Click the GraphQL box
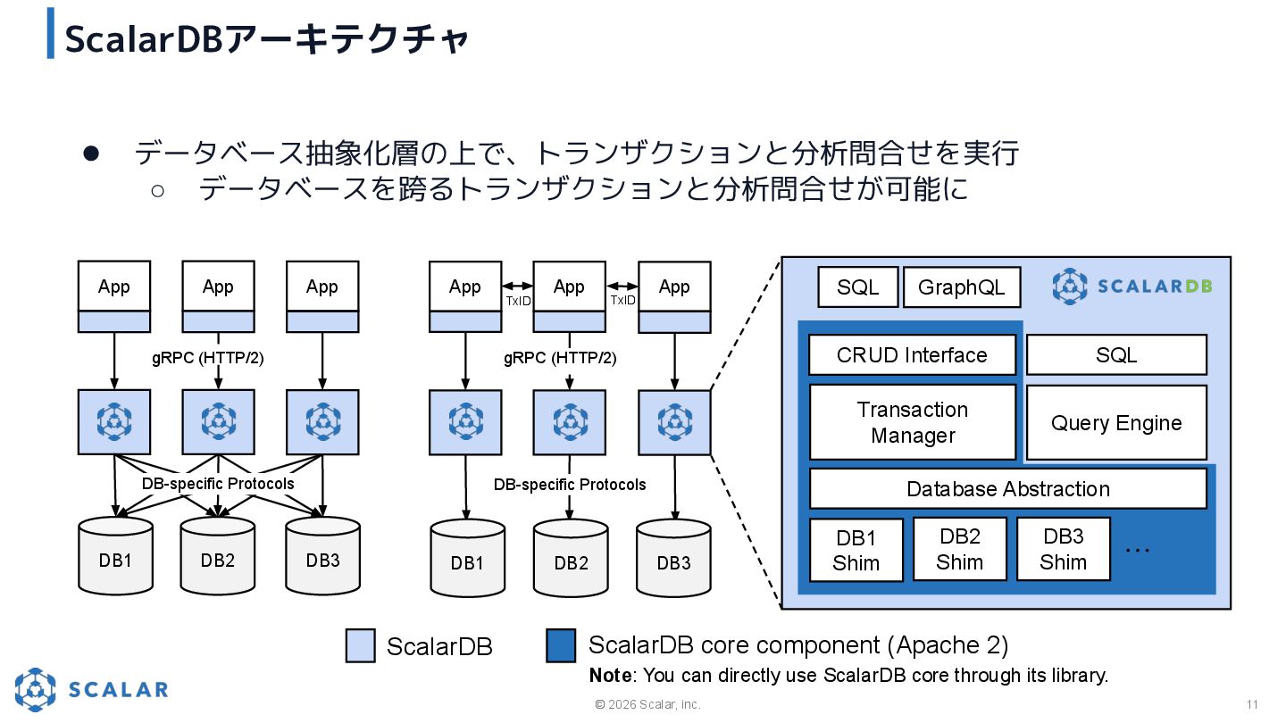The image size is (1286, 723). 961,287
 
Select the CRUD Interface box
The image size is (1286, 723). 912,355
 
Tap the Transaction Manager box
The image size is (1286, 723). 912,422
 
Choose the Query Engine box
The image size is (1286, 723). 1115,423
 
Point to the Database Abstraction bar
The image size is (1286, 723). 1007,489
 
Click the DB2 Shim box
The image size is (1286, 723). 960,549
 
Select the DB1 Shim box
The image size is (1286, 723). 856,550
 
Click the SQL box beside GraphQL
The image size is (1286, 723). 857,287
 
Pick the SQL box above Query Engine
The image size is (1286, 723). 1115,355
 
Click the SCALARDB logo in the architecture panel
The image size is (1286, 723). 1132,287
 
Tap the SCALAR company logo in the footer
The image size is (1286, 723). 91,689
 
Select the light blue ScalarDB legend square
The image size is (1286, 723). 360,645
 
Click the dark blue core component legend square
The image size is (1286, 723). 561,645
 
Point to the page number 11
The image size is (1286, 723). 1252,704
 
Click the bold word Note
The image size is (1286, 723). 610,676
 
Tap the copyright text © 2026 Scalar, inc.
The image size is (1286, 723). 648,705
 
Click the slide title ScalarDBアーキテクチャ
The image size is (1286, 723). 267,39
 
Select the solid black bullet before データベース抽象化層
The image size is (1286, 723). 90,154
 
